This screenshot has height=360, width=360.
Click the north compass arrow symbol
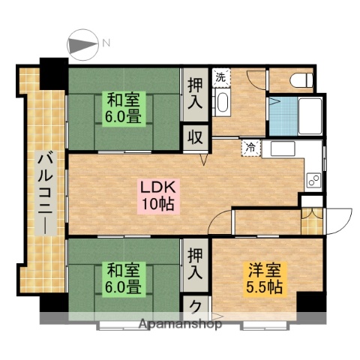pyautogui.click(x=82, y=43)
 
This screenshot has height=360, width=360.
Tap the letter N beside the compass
pyautogui.click(x=106, y=43)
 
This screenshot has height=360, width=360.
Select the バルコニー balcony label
pyautogui.click(x=43, y=191)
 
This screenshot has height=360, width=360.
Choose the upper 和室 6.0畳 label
pyautogui.click(x=121, y=108)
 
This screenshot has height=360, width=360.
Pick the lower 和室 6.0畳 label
pyautogui.click(x=122, y=278)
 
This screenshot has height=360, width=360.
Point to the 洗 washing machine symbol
pyautogui.click(x=220, y=76)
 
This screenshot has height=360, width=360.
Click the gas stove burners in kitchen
pyautogui.click(x=313, y=179)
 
